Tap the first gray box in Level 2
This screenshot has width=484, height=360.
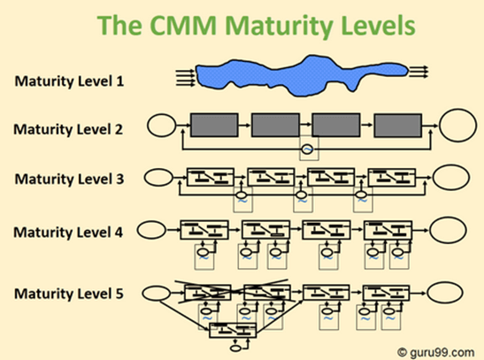[x=213, y=126]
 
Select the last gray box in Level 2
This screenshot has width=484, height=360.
[x=396, y=126]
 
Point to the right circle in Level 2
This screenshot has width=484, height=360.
[x=457, y=126]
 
